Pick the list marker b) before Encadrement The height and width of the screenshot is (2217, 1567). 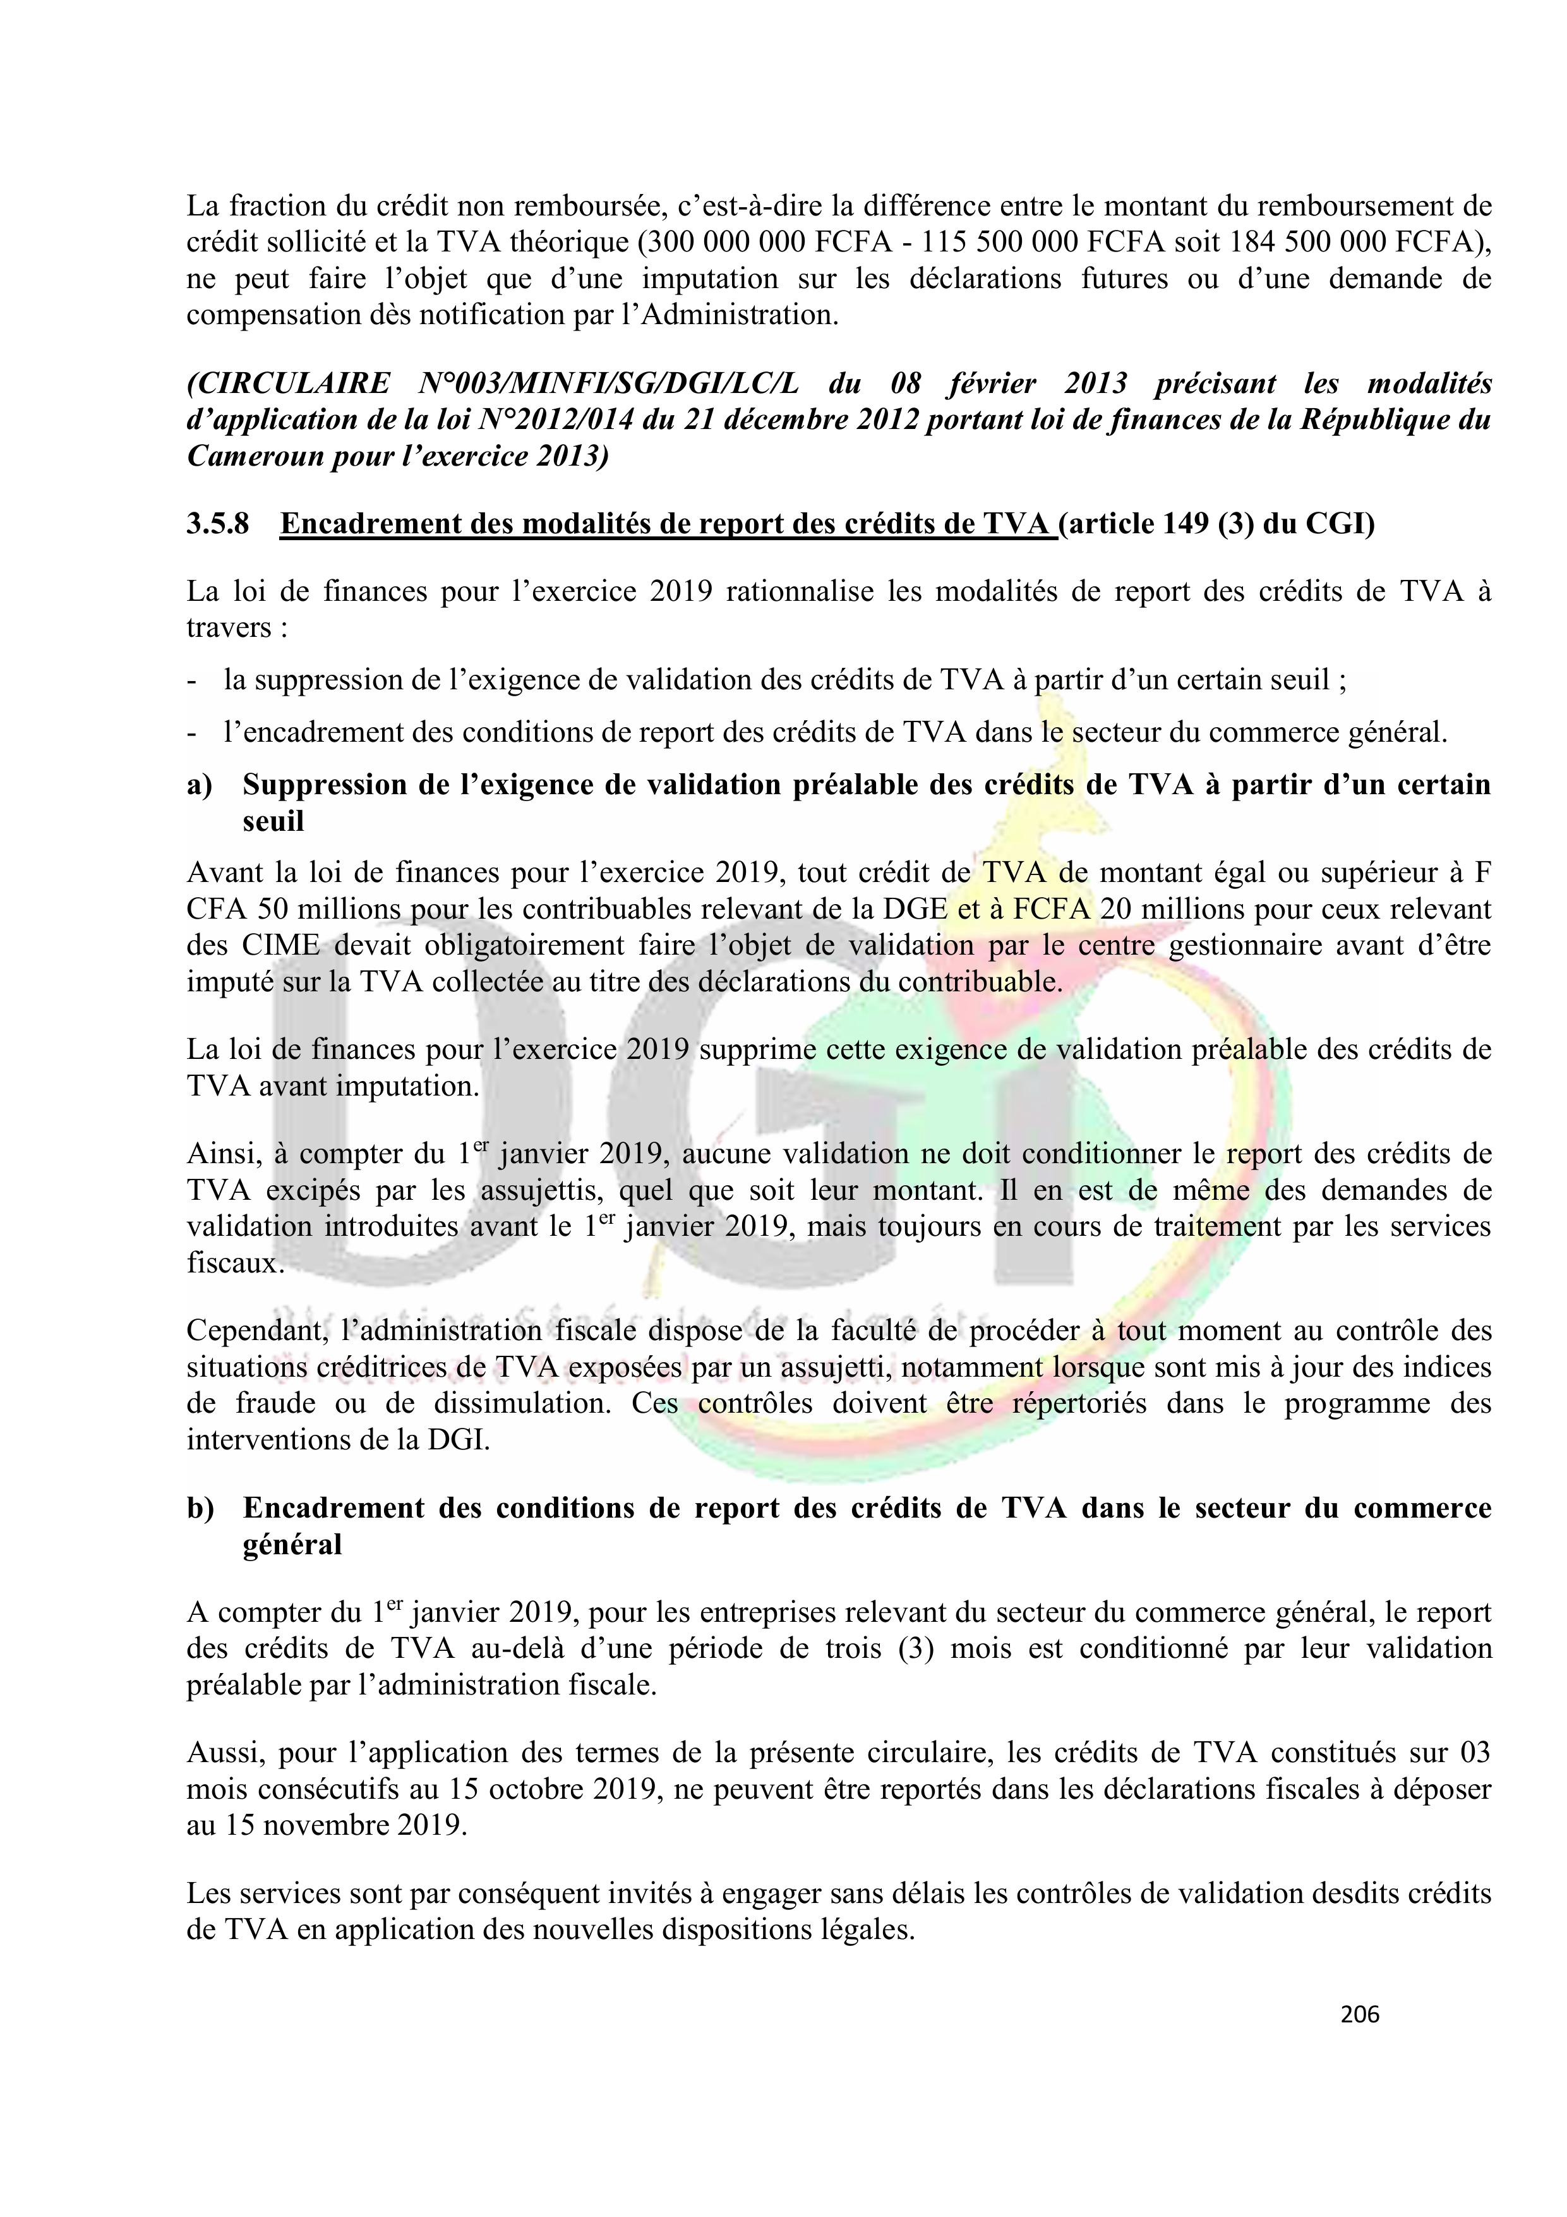[x=200, y=1507]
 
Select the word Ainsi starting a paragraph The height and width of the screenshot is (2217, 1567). [x=221, y=1154]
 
